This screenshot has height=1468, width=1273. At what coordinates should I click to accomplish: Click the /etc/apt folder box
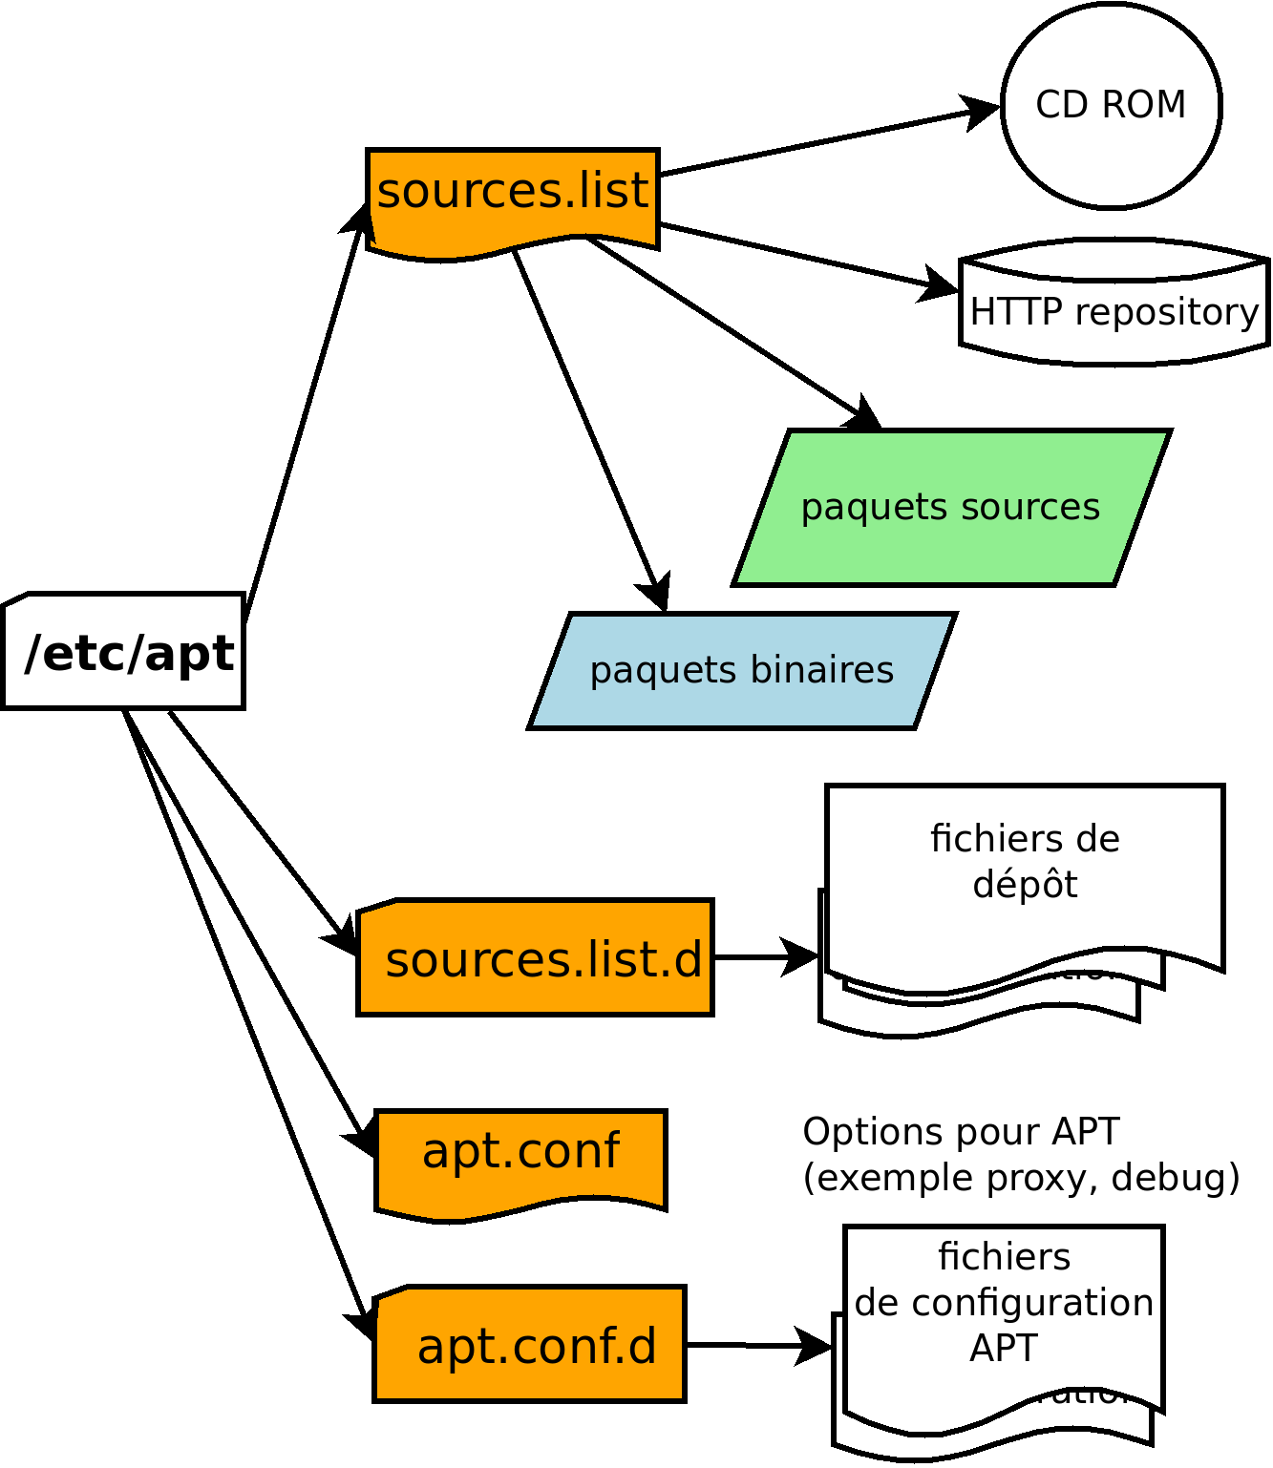click(x=124, y=652)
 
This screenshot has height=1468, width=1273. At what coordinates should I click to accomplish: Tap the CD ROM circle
click(x=1111, y=105)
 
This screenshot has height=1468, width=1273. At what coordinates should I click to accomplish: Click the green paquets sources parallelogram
click(x=951, y=507)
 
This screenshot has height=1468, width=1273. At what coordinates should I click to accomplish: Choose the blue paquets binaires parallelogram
click(x=742, y=670)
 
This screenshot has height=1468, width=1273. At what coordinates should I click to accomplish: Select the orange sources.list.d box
click(x=536, y=958)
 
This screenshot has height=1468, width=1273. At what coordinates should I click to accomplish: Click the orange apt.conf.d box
click(x=531, y=1345)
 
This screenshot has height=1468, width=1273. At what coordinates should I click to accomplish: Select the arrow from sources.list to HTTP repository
click(x=802, y=256)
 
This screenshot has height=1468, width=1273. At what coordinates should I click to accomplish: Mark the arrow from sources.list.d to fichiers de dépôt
click(x=764, y=956)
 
